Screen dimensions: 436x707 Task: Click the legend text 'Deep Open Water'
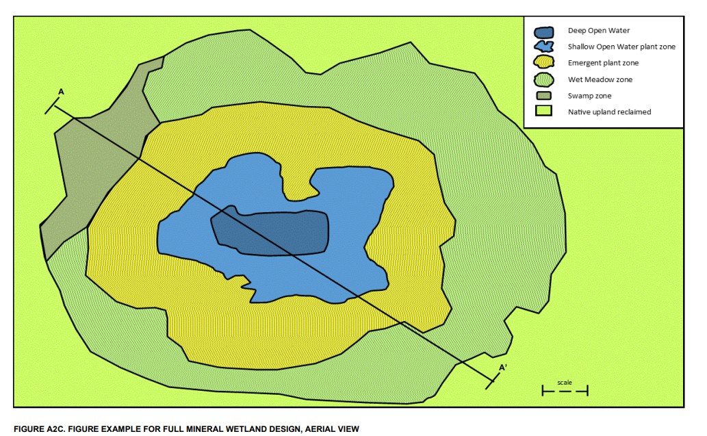click(598, 31)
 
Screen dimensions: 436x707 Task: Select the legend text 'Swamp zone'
click(589, 96)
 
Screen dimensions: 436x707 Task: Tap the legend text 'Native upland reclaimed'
click(609, 112)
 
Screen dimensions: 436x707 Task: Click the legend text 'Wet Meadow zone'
click(600, 79)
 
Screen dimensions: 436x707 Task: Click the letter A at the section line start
click(62, 92)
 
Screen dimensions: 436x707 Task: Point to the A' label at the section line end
click(502, 368)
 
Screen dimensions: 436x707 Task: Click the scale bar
click(565, 391)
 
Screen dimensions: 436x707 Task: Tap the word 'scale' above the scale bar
click(565, 382)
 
